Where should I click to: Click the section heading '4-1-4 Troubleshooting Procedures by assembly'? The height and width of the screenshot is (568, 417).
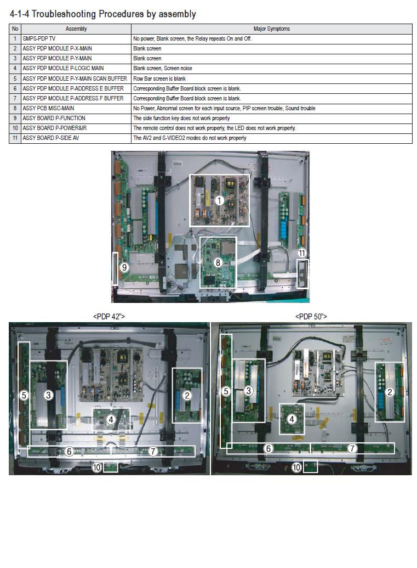click(102, 14)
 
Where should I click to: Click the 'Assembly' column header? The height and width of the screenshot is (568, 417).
click(76, 29)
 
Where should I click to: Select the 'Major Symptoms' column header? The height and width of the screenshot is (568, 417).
click(271, 29)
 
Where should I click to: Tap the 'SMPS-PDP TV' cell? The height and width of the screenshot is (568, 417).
click(39, 39)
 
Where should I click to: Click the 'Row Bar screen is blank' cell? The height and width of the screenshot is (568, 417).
click(159, 78)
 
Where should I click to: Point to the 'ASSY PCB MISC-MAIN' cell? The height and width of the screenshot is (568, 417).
click(48, 109)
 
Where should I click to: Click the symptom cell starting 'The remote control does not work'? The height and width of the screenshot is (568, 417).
click(214, 128)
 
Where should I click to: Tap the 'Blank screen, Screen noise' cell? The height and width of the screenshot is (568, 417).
click(162, 69)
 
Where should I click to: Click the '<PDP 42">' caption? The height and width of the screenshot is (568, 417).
click(109, 317)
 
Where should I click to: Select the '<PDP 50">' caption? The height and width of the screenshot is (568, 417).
click(311, 317)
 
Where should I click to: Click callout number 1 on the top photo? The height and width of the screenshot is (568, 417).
click(219, 200)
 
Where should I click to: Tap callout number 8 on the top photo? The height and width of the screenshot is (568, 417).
click(218, 262)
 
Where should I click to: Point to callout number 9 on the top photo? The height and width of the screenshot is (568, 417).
click(124, 267)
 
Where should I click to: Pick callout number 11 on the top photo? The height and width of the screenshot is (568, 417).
click(301, 253)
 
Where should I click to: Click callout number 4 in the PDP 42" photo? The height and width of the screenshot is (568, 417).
click(111, 419)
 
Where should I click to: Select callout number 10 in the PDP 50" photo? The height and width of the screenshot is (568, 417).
click(296, 468)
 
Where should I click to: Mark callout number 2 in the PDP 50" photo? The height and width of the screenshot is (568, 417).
click(390, 392)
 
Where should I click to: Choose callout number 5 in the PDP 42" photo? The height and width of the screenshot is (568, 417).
click(24, 395)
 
